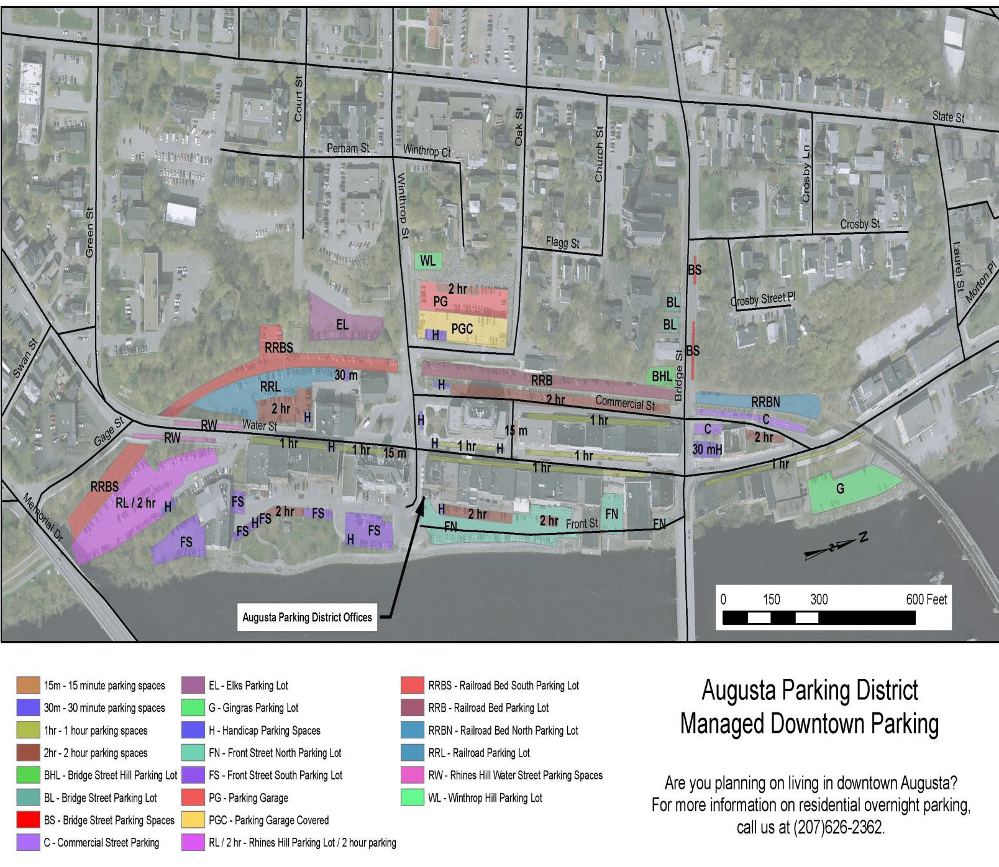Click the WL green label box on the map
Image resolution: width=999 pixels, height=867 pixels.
(428, 261)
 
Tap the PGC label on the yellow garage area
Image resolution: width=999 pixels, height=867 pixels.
(462, 329)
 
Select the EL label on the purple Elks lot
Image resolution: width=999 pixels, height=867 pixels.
(342, 325)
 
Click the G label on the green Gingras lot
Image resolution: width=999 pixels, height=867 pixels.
(840, 489)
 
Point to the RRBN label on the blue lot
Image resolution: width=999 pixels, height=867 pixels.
(765, 402)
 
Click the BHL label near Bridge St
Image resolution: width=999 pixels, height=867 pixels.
(662, 376)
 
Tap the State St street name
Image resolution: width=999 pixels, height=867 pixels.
(948, 117)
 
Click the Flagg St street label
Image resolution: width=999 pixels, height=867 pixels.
(562, 242)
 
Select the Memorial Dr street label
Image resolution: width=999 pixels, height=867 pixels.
(43, 517)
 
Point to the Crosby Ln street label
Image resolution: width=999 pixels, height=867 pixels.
(806, 173)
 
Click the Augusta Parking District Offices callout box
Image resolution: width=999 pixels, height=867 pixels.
(307, 617)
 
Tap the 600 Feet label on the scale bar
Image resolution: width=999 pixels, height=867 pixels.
(926, 599)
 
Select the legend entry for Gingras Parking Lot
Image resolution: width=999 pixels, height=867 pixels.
(253, 708)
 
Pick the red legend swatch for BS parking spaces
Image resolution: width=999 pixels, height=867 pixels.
(29, 820)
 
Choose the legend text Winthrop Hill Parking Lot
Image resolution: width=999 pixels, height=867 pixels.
(485, 798)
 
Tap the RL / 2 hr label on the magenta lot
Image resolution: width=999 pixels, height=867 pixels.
(136, 503)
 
